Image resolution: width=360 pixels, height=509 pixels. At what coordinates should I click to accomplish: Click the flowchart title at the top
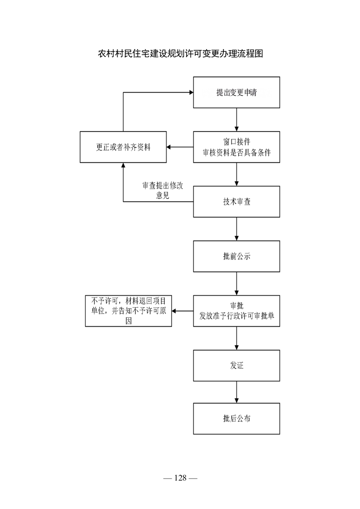(x=180, y=54)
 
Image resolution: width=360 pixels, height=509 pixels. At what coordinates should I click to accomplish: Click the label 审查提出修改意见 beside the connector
(x=163, y=190)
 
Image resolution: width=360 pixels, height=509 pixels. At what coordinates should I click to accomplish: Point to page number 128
(x=180, y=478)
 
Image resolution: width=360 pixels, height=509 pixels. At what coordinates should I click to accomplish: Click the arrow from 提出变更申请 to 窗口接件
(x=237, y=120)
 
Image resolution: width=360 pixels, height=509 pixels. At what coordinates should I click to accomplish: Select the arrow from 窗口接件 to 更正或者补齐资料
(x=180, y=147)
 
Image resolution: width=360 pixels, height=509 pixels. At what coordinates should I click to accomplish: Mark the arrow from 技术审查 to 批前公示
(x=237, y=229)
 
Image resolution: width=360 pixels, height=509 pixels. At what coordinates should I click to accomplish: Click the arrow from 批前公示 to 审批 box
(x=237, y=284)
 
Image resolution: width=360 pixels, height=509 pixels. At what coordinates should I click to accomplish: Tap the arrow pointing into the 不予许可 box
(x=182, y=311)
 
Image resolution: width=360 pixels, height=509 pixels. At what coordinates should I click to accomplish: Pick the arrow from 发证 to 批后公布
(x=237, y=392)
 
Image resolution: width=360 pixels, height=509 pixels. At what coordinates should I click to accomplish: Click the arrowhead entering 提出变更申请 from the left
(x=192, y=93)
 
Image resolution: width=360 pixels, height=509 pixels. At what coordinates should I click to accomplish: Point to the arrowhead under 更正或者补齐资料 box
(x=123, y=165)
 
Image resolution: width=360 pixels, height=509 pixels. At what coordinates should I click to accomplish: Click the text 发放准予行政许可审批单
(x=237, y=316)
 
